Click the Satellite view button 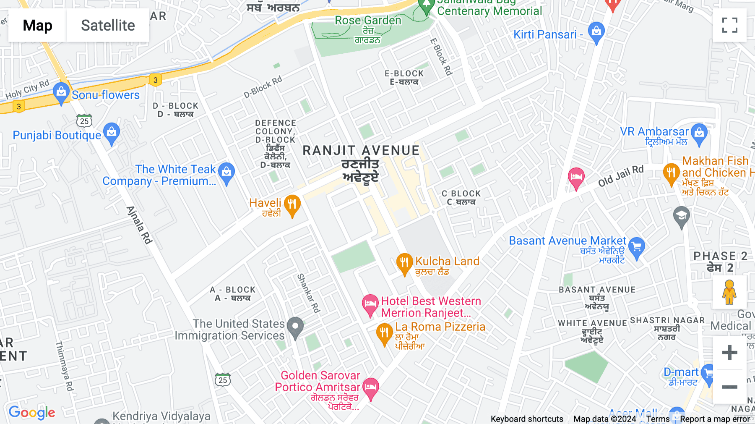[x=108, y=25]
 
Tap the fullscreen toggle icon [x=729, y=25]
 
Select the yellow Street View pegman [x=729, y=292]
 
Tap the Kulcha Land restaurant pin [x=404, y=263]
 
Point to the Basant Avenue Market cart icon [x=637, y=247]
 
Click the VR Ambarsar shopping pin [x=699, y=134]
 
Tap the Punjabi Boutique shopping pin [x=112, y=133]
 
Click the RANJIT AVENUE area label [x=361, y=151]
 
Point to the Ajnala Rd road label [x=139, y=225]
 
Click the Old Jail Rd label [x=620, y=176]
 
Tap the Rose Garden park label [x=368, y=21]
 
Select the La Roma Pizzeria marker [x=384, y=334]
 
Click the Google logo [x=32, y=413]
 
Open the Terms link [x=658, y=419]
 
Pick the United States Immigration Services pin [x=295, y=327]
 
